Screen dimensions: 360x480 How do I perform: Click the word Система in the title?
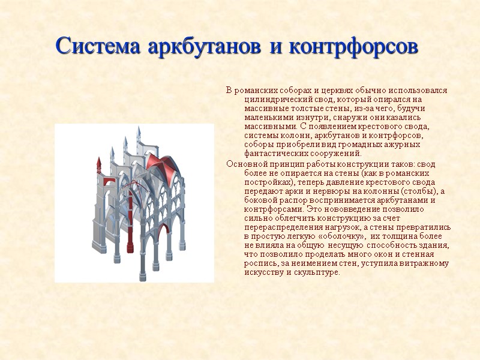(95, 46)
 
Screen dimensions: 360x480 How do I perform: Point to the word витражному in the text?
(424, 263)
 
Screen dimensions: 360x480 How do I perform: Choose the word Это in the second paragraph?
(314, 209)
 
